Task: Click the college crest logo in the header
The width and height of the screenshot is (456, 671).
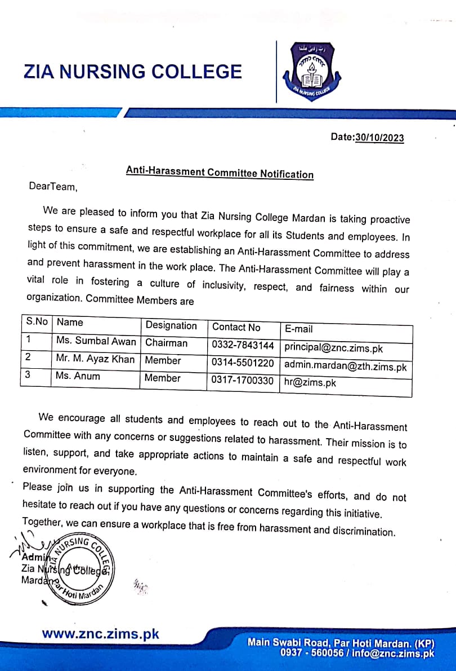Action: pos(311,72)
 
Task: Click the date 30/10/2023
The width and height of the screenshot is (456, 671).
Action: pos(379,138)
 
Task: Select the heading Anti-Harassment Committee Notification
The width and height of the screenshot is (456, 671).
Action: pos(220,173)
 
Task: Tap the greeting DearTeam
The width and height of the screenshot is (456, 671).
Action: pos(52,187)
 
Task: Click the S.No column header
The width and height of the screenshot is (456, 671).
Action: pos(37,322)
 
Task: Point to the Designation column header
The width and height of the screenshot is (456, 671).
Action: pos(171,325)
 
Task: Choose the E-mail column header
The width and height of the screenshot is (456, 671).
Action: pos(298,329)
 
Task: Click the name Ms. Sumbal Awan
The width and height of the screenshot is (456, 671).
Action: pos(96,341)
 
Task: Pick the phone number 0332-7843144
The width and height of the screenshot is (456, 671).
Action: pos(243,345)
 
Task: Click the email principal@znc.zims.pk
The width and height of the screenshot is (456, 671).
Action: pos(334,348)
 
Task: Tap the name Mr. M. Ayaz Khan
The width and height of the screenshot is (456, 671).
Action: pos(95,359)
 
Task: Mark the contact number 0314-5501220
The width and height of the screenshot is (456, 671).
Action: pos(243,363)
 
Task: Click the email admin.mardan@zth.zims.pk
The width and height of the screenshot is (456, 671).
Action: pos(345,367)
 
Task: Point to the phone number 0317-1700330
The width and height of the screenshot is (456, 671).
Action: pos(243,381)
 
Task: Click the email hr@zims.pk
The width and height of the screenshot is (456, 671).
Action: pos(310,383)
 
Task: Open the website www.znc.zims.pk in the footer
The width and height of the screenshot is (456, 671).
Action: pos(100,634)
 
